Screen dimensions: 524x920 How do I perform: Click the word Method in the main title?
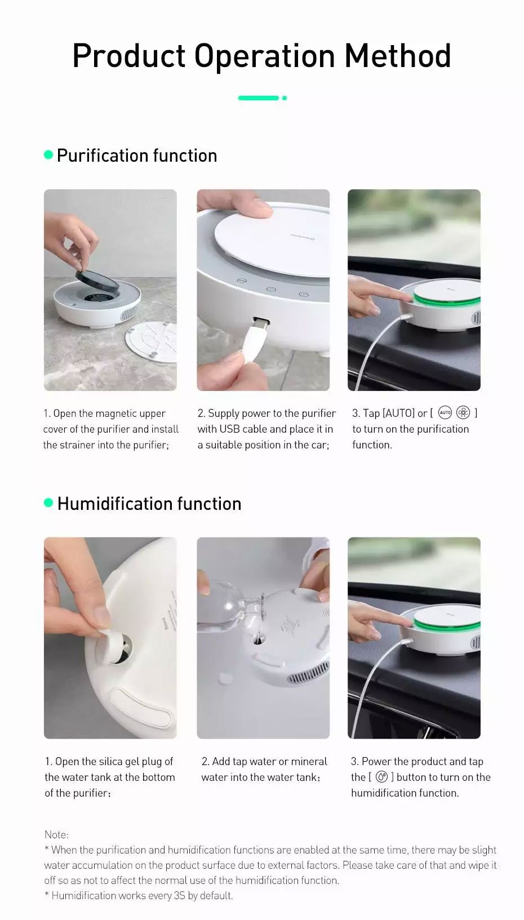398,56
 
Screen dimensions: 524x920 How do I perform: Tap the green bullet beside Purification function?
48,155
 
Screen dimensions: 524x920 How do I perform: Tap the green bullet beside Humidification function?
48,503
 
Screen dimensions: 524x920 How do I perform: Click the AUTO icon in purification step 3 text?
445,412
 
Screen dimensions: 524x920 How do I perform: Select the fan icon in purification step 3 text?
463,412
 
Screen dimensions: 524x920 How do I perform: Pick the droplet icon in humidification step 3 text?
381,777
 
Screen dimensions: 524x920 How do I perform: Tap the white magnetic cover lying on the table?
151,343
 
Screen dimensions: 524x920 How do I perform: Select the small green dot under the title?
285,98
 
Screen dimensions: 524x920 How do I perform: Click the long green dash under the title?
258,98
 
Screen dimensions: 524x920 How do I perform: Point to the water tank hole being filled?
258,639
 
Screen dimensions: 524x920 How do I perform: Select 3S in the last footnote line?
180,895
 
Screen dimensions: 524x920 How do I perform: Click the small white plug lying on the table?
225,678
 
